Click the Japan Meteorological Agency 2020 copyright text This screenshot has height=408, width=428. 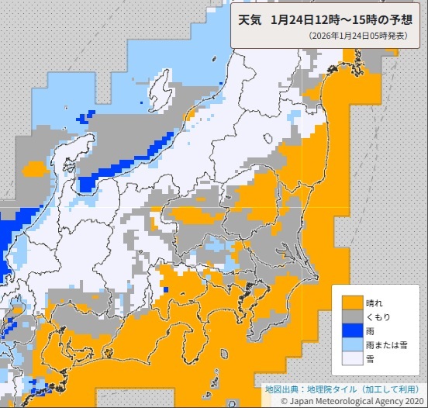pyautogui.click(x=357, y=400)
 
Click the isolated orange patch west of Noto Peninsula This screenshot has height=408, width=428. pyautogui.click(x=35, y=168)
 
